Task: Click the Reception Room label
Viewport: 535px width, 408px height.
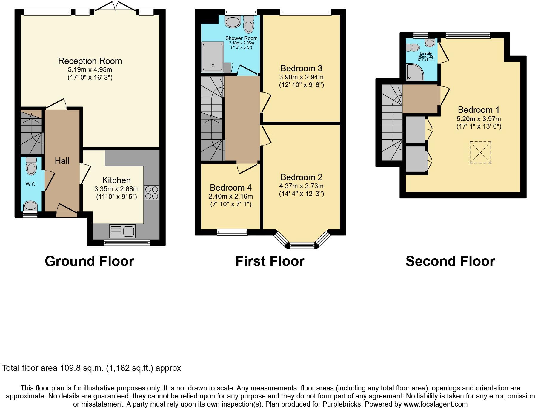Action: coord(90,61)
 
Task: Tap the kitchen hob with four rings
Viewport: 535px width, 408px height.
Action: coord(152,193)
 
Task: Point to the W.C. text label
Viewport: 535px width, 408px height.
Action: coord(31,184)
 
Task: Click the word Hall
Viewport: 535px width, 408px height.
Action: coord(62,161)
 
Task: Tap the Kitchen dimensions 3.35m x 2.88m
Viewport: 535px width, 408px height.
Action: coord(116,189)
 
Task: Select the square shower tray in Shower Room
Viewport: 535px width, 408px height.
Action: coord(213,57)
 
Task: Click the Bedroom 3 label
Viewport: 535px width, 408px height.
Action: coord(301,69)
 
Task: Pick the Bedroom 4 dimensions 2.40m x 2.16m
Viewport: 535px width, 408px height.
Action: coord(230,197)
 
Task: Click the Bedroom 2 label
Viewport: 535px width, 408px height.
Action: coord(301,177)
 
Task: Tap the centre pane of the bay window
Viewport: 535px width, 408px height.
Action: coord(302,246)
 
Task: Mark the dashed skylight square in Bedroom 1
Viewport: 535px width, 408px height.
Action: coord(480,152)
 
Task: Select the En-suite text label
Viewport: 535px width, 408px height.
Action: coord(425,54)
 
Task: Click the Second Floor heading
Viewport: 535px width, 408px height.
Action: coord(450,261)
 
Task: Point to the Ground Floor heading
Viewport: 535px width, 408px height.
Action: coord(89,261)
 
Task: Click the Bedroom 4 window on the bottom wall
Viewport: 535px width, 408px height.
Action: coord(232,232)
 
